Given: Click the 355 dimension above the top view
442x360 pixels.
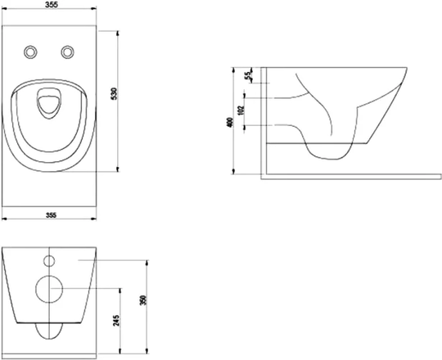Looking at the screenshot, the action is pyautogui.click(x=51, y=5).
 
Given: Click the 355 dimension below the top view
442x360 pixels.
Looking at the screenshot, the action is pyautogui.click(x=51, y=215).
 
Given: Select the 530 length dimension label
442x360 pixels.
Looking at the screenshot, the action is pyautogui.click(x=114, y=94).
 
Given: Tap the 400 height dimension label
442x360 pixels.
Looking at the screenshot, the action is pyautogui.click(x=230, y=122).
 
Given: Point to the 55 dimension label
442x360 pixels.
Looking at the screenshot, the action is pyautogui.click(x=248, y=76).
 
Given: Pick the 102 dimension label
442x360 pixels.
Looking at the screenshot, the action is pyautogui.click(x=241, y=110).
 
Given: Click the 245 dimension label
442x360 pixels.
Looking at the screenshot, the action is pyautogui.click(x=116, y=321).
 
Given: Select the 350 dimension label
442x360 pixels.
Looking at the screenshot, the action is pyautogui.click(x=143, y=300).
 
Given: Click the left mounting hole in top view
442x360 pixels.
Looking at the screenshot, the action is pyautogui.click(x=30, y=52).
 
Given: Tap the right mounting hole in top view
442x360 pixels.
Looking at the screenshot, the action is pyautogui.click(x=68, y=52).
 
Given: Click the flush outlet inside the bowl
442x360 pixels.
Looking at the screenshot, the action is pyautogui.click(x=49, y=103).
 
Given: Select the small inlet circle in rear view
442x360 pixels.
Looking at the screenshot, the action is pyautogui.click(x=49, y=261).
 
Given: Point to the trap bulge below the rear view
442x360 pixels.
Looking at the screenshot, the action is pyautogui.click(x=49, y=340).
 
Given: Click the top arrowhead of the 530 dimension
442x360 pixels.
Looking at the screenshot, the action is pyautogui.click(x=118, y=34).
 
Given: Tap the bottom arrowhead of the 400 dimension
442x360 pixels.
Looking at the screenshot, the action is pyautogui.click(x=233, y=171).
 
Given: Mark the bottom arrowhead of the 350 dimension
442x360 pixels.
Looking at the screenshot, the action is pyautogui.click(x=147, y=351).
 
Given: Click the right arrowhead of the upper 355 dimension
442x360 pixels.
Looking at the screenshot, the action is pyautogui.click(x=93, y=8).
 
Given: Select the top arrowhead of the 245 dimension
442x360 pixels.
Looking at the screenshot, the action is pyautogui.click(x=120, y=291).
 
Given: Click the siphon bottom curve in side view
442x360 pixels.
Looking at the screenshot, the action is pyautogui.click(x=328, y=158).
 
